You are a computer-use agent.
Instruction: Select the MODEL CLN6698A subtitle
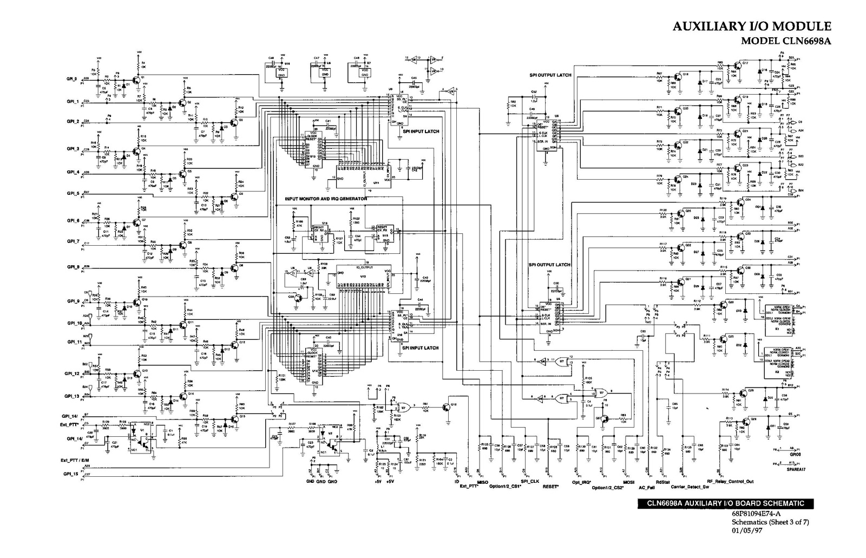(x=786, y=41)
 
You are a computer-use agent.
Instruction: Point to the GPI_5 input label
(x=73, y=193)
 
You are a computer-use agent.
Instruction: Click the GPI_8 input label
(x=73, y=267)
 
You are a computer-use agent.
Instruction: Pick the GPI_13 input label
(x=73, y=396)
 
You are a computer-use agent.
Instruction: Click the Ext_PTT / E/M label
(x=75, y=461)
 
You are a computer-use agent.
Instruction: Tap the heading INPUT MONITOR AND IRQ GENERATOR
(x=326, y=199)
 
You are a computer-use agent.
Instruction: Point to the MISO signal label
(x=483, y=482)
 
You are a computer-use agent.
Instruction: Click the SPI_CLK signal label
(x=530, y=481)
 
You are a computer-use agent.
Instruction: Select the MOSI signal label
(x=628, y=481)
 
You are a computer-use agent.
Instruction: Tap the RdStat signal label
(x=662, y=481)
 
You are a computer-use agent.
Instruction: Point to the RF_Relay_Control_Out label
(x=730, y=481)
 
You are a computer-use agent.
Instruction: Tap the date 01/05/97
(x=745, y=530)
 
